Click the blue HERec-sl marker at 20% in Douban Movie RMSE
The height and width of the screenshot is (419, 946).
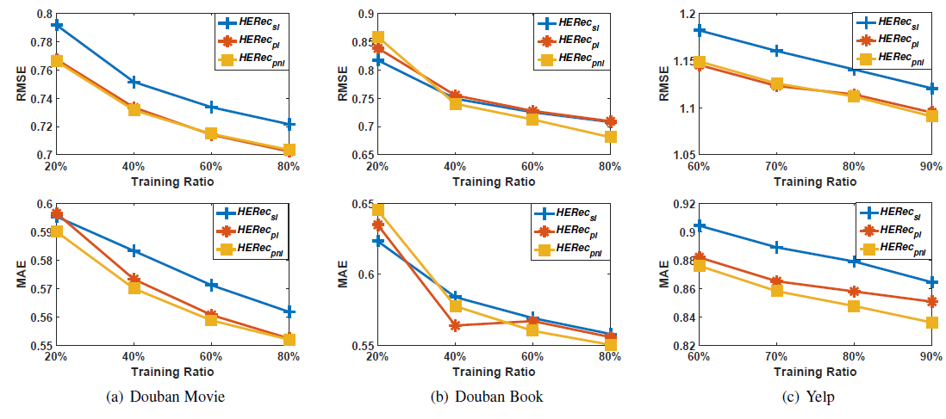point(57,25)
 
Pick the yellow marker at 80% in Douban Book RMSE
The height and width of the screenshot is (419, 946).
point(611,137)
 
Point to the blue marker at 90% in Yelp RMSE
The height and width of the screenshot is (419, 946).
point(930,88)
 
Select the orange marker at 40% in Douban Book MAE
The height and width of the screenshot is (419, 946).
point(454,325)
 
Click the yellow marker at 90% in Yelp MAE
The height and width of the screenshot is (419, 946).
point(930,323)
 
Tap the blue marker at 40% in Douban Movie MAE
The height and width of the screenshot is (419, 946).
point(134,250)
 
